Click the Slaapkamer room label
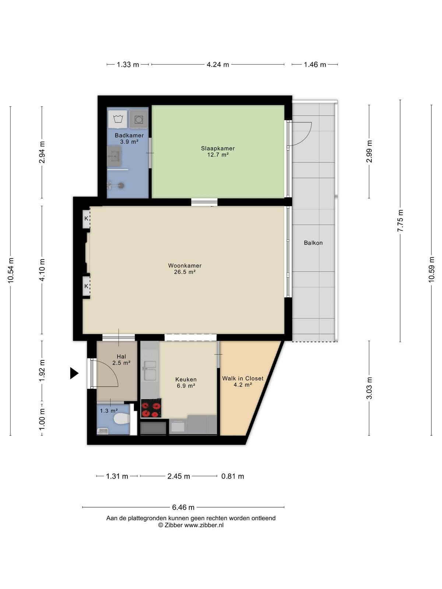coord(218,148)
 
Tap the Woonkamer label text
coord(185,266)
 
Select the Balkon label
coord(313,243)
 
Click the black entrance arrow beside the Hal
coord(74,373)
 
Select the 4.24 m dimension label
coord(218,65)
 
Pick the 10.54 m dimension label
coord(11,271)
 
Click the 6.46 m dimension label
coord(183,507)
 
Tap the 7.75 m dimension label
coord(400,221)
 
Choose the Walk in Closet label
coord(243,378)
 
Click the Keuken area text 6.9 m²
coord(186,386)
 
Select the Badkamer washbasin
coord(114,156)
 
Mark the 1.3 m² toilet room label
coord(109,410)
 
